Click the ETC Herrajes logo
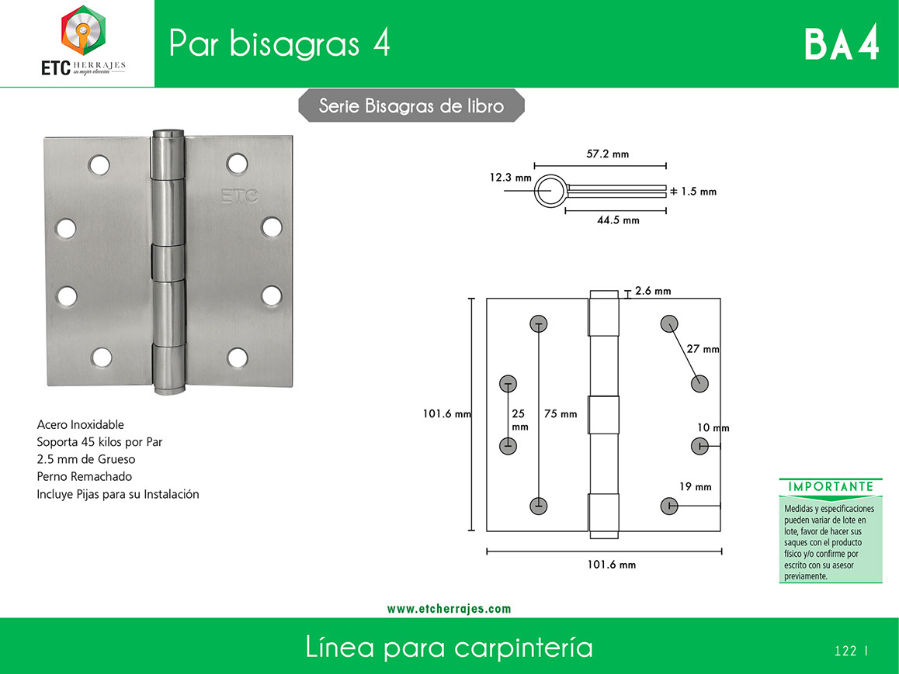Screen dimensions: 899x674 click(x=83, y=41)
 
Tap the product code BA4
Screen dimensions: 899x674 click(x=842, y=43)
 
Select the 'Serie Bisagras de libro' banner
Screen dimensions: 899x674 click(x=411, y=105)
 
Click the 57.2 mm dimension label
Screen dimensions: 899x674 click(x=607, y=154)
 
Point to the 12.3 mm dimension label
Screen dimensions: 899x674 click(x=510, y=178)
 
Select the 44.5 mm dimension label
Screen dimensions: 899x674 click(x=618, y=220)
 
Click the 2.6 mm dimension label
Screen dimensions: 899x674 click(x=652, y=291)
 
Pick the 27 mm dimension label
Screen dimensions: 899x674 click(x=703, y=349)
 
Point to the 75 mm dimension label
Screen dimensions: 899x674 click(x=561, y=413)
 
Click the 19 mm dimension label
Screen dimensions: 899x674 click(x=695, y=487)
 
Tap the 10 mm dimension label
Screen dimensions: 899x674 click(x=713, y=428)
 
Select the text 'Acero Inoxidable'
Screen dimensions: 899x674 click(x=80, y=424)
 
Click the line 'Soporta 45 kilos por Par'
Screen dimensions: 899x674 click(x=99, y=442)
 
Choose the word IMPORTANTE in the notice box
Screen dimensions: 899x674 click(x=831, y=487)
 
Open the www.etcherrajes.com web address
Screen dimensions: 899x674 click(x=449, y=609)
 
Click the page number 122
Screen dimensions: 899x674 click(x=845, y=651)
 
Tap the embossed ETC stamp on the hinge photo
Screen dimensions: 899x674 click(x=240, y=196)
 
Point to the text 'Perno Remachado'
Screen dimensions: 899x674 click(x=85, y=476)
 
